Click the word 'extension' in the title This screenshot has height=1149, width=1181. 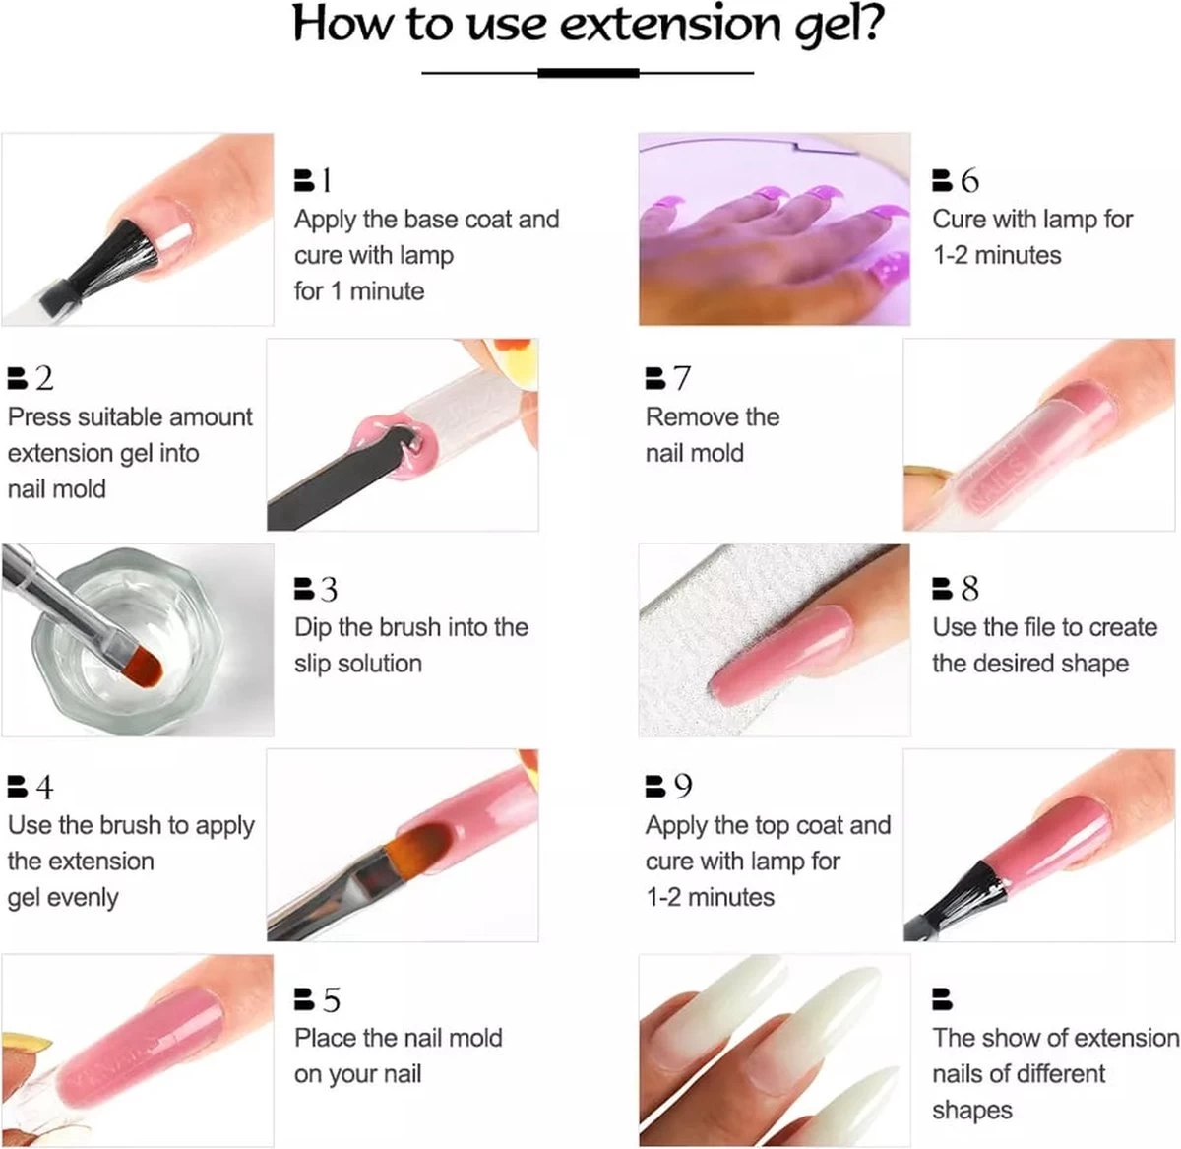point(670,25)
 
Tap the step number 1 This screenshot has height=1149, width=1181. point(327,180)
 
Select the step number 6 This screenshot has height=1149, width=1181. point(969,180)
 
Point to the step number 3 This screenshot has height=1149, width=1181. point(329,589)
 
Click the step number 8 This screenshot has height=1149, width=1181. point(969,589)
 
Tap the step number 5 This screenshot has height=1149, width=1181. point(331,999)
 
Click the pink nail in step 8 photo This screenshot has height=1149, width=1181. point(781,655)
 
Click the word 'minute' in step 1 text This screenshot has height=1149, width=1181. point(387,291)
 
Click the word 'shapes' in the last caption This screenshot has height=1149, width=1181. point(972,1111)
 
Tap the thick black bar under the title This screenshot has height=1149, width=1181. point(589,74)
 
